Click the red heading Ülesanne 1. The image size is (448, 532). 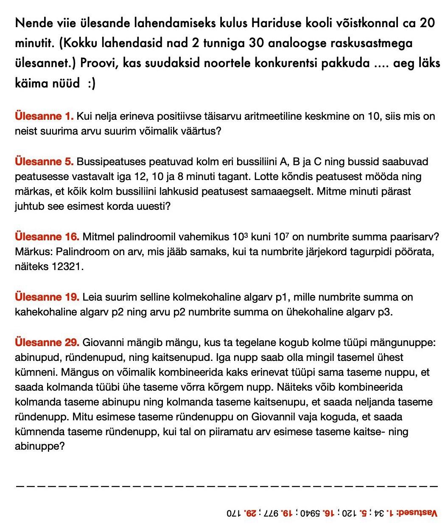coord(45,116)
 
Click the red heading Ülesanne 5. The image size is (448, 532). coord(45,162)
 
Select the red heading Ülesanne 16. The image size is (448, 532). coord(47,236)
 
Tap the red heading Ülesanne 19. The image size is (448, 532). coord(47,297)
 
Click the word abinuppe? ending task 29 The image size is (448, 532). coord(39,447)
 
